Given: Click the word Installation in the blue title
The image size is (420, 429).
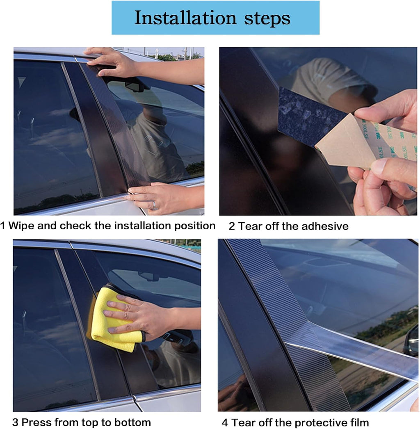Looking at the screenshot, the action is click(x=185, y=18).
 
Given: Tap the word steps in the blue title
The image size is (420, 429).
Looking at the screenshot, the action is click(x=267, y=18).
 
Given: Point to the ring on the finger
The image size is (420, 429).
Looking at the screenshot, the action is click(x=155, y=205).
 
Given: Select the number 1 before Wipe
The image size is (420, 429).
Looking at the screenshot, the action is click(x=3, y=226).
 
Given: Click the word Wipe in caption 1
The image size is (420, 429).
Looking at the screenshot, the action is click(x=21, y=226).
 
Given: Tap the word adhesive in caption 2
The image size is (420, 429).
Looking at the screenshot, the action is click(x=325, y=226).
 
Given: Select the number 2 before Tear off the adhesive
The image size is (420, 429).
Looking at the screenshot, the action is click(x=231, y=226).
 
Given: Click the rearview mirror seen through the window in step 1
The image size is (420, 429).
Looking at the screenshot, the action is click(x=135, y=87).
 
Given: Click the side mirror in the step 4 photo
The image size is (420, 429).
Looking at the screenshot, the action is click(x=411, y=341).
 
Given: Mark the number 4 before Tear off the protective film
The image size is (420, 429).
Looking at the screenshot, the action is click(x=225, y=423).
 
